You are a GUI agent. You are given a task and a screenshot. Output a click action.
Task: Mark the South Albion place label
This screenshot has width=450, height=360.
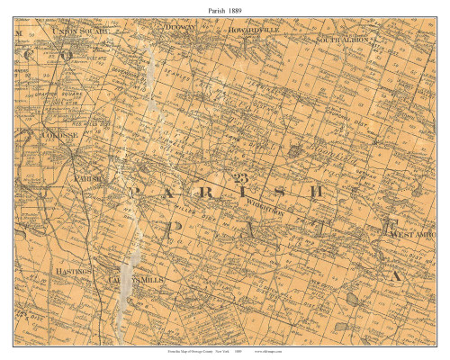coord(345,40)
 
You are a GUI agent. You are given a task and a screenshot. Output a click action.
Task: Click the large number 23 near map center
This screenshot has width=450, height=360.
coord(240,176)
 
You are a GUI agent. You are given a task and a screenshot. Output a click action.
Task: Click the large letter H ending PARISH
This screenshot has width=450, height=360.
coord(334,192)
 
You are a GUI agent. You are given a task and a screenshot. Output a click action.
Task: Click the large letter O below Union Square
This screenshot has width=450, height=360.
coord(67,54)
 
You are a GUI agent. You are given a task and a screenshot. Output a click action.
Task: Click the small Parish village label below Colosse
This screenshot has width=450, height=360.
coord(87,178)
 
